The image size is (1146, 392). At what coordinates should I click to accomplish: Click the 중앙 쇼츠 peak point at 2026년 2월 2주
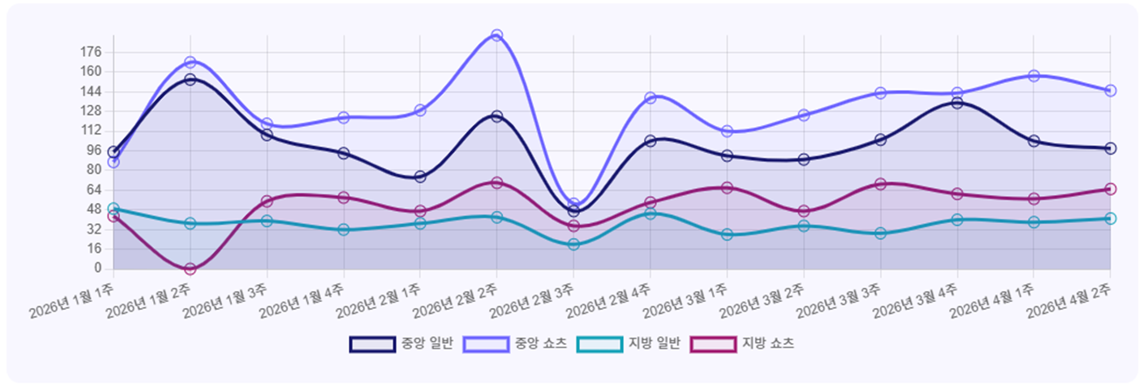(x=497, y=35)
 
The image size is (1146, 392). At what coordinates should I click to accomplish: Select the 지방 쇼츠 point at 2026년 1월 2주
(x=190, y=269)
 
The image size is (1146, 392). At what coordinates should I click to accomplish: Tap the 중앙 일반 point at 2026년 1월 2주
(x=190, y=80)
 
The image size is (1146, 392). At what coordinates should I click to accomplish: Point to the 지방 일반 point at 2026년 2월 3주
(x=573, y=244)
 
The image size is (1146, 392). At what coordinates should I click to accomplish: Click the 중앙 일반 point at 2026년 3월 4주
(x=957, y=103)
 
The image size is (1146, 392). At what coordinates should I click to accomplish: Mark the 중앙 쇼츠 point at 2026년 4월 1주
(x=1034, y=76)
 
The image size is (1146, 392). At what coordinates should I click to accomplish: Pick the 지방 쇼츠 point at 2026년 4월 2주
(x=1110, y=189)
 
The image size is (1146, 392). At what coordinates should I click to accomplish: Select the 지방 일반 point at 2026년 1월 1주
(x=114, y=209)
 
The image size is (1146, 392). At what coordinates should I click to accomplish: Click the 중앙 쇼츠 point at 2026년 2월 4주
(x=650, y=98)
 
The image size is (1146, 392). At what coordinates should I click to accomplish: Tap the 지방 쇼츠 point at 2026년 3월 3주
(x=880, y=184)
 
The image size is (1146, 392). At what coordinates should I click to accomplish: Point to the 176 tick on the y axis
(x=91, y=52)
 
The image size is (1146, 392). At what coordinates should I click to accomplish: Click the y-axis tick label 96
(x=94, y=150)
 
